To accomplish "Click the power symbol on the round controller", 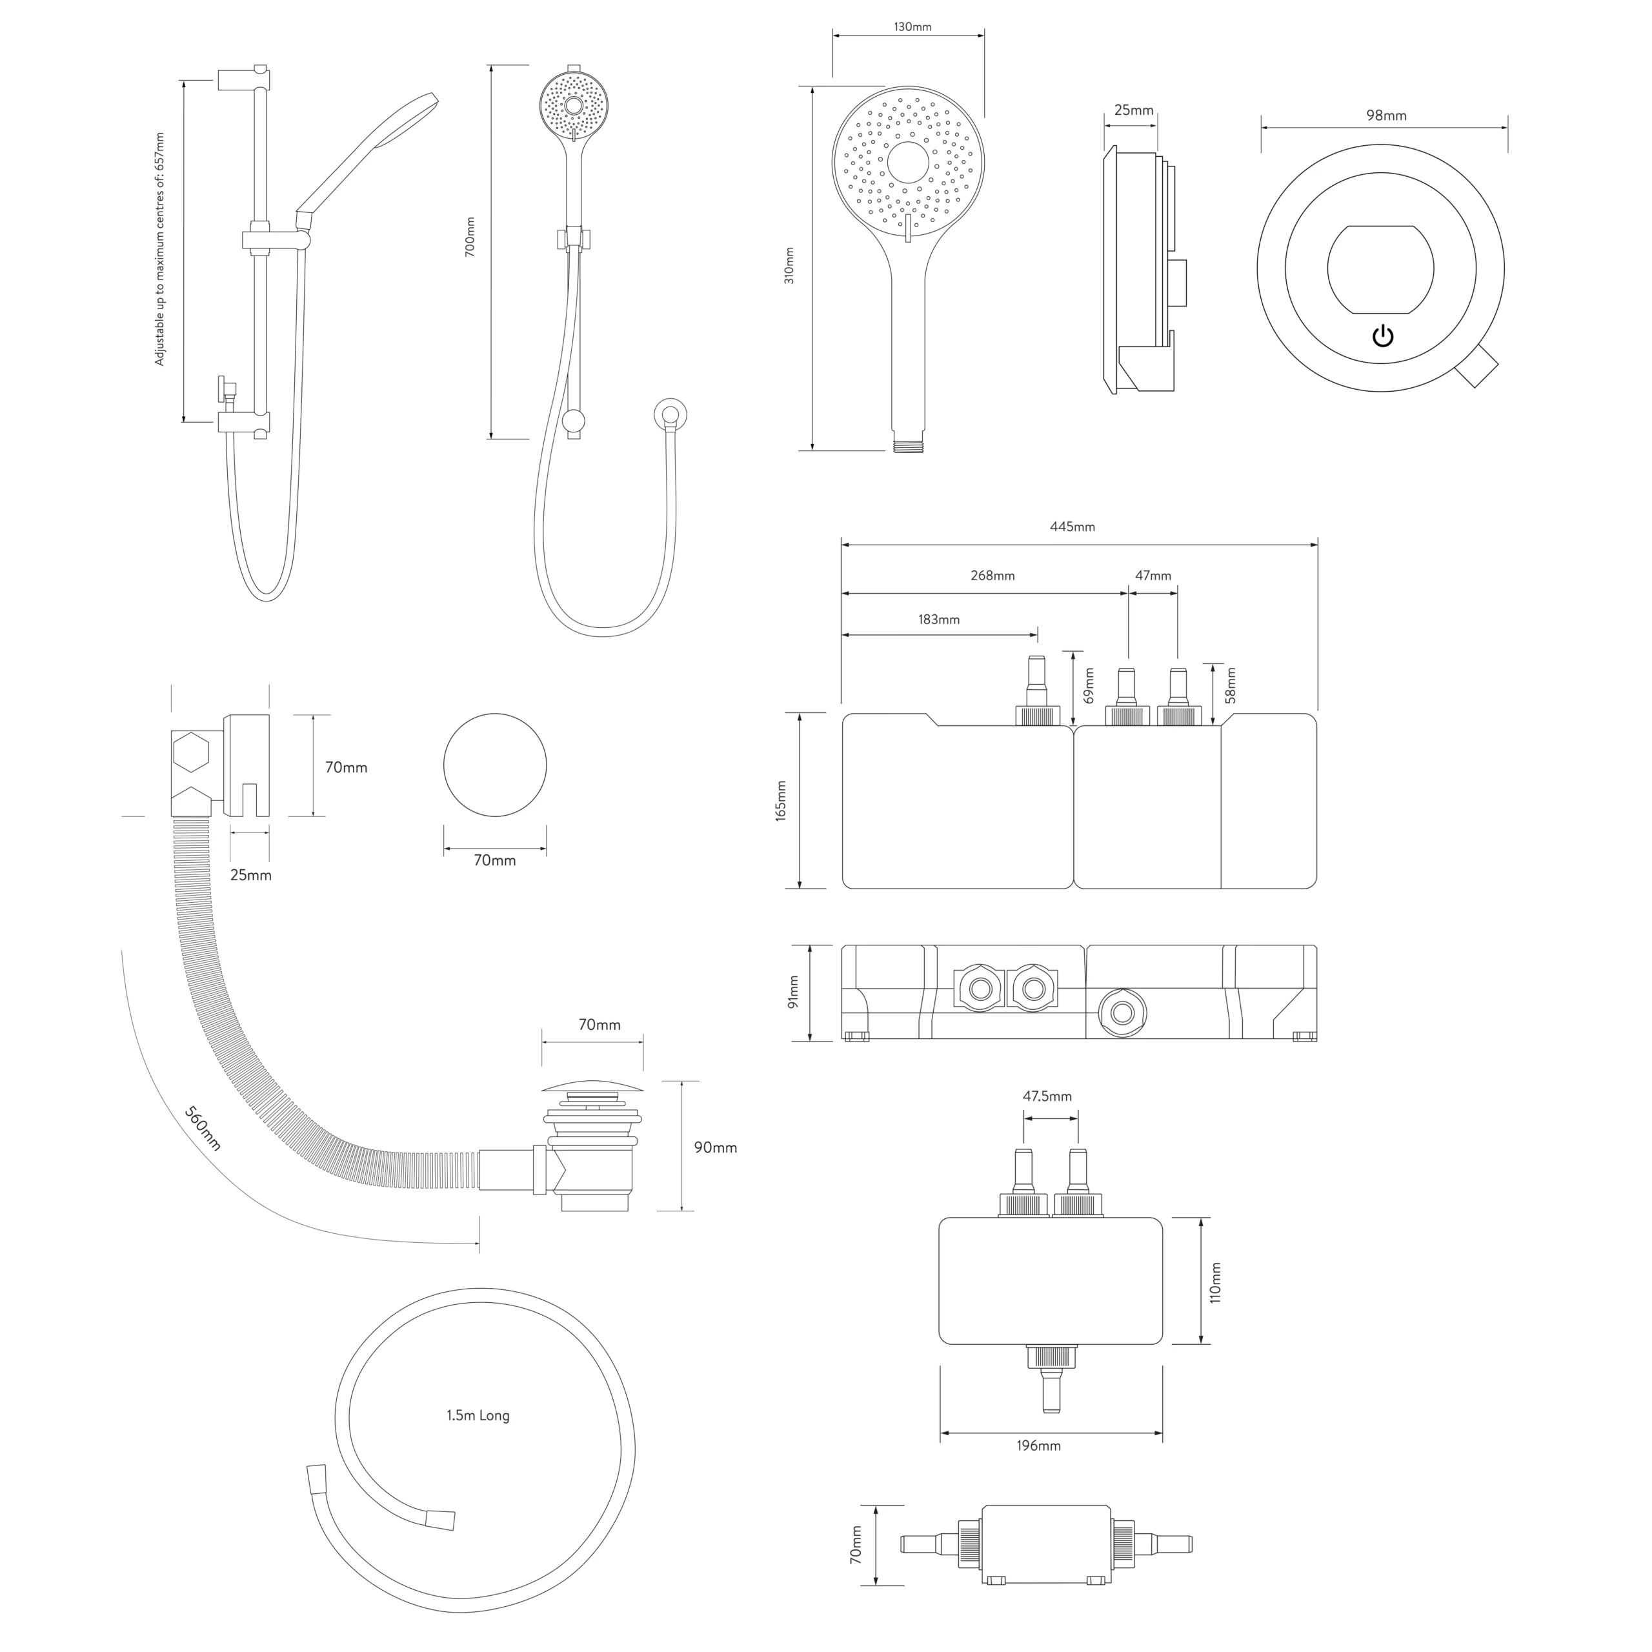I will pyautogui.click(x=1383, y=336).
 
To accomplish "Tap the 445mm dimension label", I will pyautogui.click(x=1073, y=527).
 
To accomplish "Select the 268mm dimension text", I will pyautogui.click(x=992, y=576).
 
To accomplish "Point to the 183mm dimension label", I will pyautogui.click(x=939, y=619).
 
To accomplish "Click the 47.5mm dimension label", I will pyautogui.click(x=1047, y=1096).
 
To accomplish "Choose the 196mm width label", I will pyautogui.click(x=1038, y=1446).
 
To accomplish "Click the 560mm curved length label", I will pyautogui.click(x=203, y=1129).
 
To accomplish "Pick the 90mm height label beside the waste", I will pyautogui.click(x=715, y=1147).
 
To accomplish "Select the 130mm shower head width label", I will pyautogui.click(x=912, y=26).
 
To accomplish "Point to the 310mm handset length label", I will pyautogui.click(x=789, y=265).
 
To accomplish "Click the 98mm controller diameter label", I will pyautogui.click(x=1385, y=116).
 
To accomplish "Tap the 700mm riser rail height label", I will pyautogui.click(x=469, y=237).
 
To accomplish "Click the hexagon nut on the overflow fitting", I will pyautogui.click(x=190, y=752).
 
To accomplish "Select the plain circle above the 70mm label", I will pyautogui.click(x=494, y=765).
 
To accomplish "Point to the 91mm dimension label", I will pyautogui.click(x=792, y=992).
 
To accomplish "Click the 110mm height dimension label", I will pyautogui.click(x=1215, y=1283).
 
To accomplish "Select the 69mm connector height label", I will pyautogui.click(x=1089, y=685).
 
